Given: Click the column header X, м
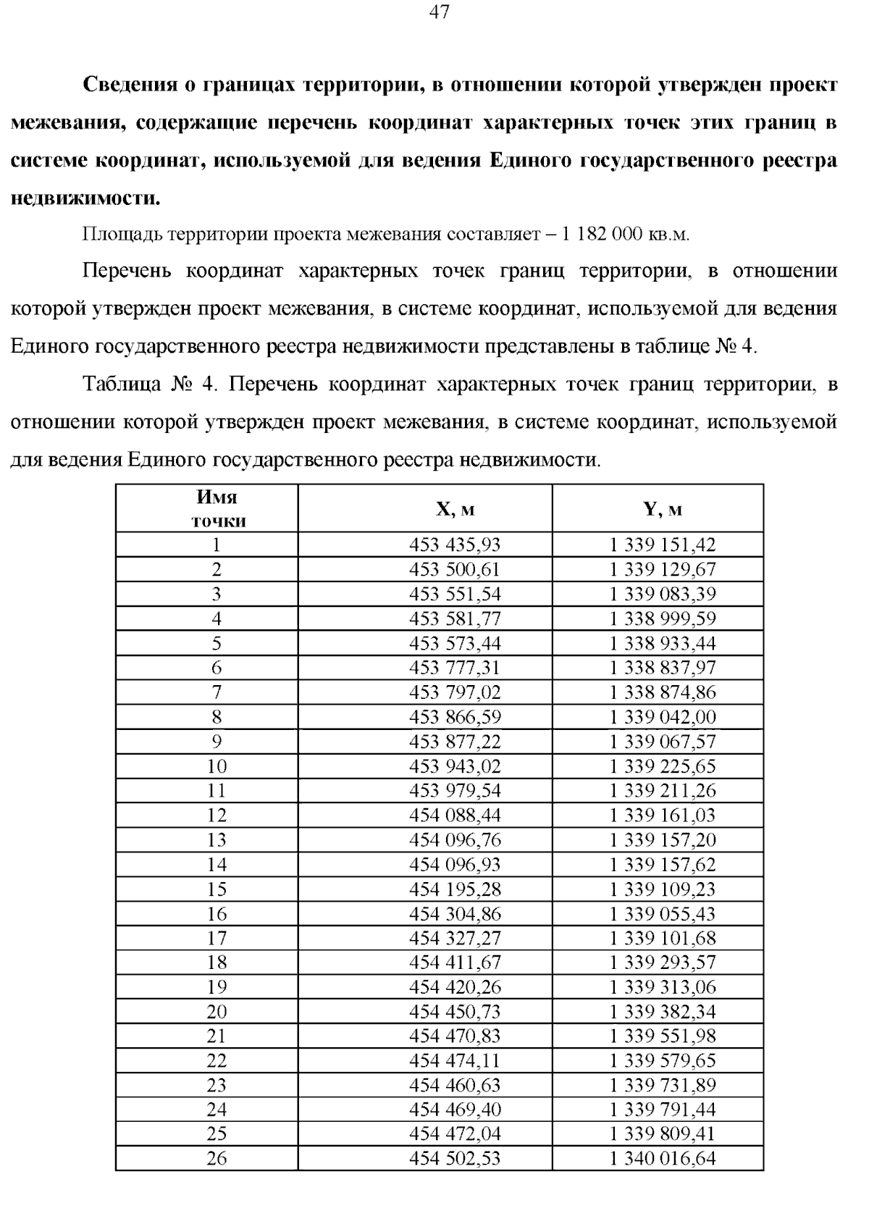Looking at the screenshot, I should (x=455, y=509).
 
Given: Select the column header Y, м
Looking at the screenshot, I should (x=663, y=509).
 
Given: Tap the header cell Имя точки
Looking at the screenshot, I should (x=217, y=509).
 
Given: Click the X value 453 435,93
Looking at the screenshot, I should (x=455, y=545).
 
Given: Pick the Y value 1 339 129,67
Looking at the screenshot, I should (x=663, y=569).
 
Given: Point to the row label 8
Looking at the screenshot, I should (x=217, y=717).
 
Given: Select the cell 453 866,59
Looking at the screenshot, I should (x=455, y=717).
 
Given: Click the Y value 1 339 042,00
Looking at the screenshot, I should (x=663, y=717).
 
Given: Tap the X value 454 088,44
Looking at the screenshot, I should (x=455, y=815).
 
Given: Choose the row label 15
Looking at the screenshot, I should (x=217, y=889).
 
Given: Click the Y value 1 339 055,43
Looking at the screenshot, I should (x=663, y=914).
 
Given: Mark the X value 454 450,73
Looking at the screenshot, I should (x=455, y=1012).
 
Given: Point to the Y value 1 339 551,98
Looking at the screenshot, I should (x=663, y=1036).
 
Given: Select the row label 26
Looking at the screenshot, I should (x=217, y=1159).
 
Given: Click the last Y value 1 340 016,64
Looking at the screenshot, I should (x=663, y=1159).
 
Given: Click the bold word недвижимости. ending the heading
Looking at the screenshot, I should (x=85, y=198).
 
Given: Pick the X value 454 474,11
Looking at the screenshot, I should (x=455, y=1061).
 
